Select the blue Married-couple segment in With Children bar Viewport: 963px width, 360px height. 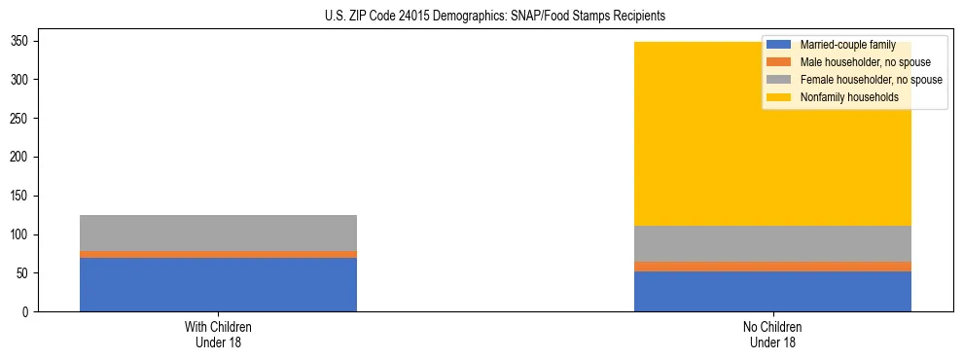pos(218,284)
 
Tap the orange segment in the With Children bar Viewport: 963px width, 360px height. pos(218,254)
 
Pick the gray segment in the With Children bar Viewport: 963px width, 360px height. pos(218,233)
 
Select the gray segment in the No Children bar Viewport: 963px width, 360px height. pos(772,243)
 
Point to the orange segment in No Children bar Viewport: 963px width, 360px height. pos(772,267)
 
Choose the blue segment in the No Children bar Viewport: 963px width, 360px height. pos(772,291)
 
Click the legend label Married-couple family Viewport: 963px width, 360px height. pos(847,45)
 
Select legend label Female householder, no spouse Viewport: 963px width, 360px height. pos(871,80)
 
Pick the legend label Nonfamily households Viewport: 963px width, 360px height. pos(848,97)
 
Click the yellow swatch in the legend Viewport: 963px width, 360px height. pos(779,97)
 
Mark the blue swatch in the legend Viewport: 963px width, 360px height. pos(779,45)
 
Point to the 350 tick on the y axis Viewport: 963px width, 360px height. pos(26,41)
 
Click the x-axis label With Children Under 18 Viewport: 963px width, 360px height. pos(218,335)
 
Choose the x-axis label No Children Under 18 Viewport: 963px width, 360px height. pos(772,335)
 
